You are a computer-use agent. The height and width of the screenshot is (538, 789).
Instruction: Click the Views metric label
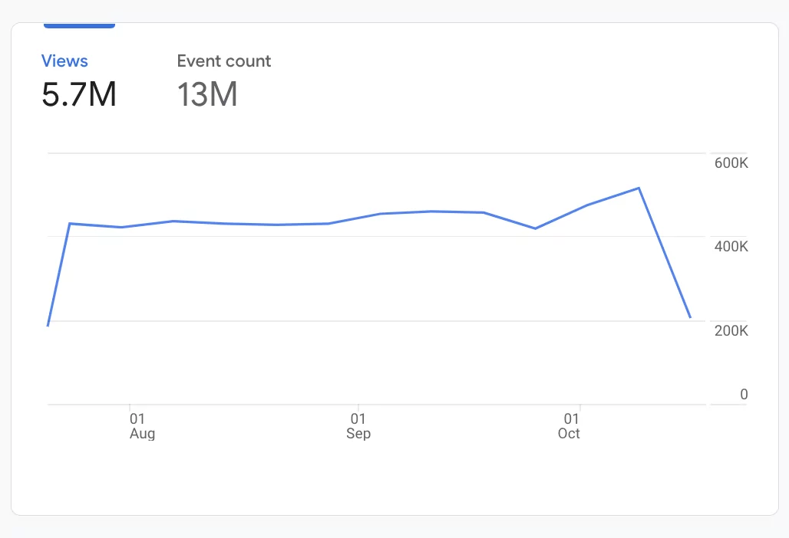(x=64, y=61)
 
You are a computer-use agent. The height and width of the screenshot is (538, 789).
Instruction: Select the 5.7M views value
(x=79, y=94)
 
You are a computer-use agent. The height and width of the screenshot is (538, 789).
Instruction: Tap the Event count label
(x=224, y=61)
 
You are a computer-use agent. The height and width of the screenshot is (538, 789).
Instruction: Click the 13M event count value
(x=207, y=94)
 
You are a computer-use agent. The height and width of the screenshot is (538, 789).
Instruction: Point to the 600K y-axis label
(x=730, y=163)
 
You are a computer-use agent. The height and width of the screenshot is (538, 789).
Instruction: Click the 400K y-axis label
(x=730, y=247)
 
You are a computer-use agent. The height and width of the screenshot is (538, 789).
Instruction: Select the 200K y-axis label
(x=730, y=331)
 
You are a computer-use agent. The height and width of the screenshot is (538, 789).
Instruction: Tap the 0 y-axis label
(x=744, y=394)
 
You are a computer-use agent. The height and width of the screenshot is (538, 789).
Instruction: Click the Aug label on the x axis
(x=142, y=434)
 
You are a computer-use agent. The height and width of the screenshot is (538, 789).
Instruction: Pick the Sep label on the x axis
(x=358, y=434)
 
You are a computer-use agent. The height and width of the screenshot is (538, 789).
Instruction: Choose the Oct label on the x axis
(x=569, y=434)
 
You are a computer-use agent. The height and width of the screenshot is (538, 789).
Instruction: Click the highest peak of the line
(x=639, y=188)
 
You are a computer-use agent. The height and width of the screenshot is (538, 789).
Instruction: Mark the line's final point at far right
(x=691, y=317)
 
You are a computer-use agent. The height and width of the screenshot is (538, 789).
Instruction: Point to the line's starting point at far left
(x=48, y=326)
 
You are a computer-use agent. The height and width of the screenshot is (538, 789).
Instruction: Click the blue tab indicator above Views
(x=79, y=26)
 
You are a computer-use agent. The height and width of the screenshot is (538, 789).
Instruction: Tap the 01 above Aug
(x=137, y=419)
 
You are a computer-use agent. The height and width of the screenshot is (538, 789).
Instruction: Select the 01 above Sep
(x=358, y=419)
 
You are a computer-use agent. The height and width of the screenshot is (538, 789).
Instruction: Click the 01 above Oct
(x=571, y=419)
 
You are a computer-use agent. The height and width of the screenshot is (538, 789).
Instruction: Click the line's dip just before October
(x=535, y=228)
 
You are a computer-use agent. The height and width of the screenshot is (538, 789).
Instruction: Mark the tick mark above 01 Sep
(x=358, y=408)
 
